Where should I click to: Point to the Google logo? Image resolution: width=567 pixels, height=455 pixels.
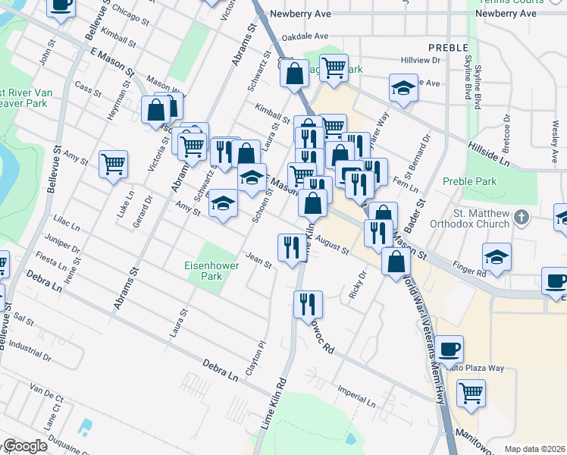[x=24, y=446]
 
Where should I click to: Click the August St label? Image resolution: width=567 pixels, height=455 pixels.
[x=334, y=246]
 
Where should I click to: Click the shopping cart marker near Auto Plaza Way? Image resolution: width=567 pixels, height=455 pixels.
[x=471, y=393]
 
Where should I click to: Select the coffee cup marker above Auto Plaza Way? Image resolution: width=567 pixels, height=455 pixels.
[x=449, y=349]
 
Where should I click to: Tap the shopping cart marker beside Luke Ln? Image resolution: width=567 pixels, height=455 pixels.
[x=113, y=163]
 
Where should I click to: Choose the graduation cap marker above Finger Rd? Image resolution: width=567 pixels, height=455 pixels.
[x=497, y=257]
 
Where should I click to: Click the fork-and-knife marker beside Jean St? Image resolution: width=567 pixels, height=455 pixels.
[x=291, y=246]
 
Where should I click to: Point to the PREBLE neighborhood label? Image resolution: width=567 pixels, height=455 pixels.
[x=443, y=47]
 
